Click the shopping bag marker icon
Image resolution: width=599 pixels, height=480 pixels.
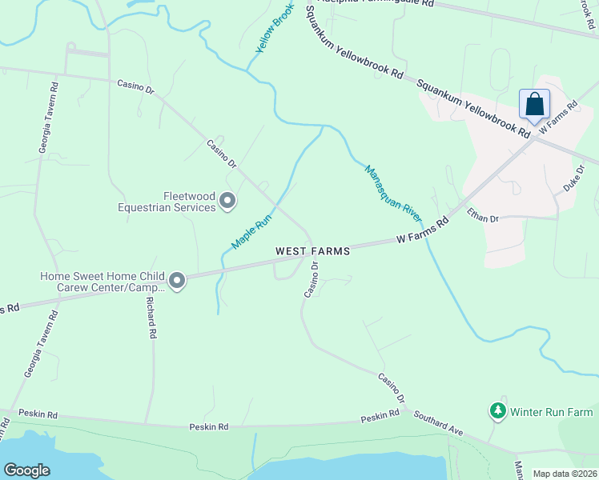(534, 105)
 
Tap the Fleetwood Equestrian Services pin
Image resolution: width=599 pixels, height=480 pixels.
(227, 201)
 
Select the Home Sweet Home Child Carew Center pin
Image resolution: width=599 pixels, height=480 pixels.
(177, 281)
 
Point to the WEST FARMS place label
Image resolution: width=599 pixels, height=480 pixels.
(312, 251)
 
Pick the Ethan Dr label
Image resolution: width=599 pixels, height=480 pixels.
(483, 216)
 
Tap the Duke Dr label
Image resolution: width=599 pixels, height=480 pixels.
(570, 180)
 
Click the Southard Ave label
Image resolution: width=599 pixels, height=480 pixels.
(438, 422)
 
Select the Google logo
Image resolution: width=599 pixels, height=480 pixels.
(27, 470)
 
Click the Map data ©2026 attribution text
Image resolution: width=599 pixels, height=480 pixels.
(565, 474)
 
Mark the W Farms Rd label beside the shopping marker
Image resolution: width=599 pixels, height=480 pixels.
(558, 117)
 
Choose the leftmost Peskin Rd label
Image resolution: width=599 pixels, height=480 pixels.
(40, 415)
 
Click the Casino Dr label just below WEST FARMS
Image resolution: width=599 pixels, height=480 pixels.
(312, 280)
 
